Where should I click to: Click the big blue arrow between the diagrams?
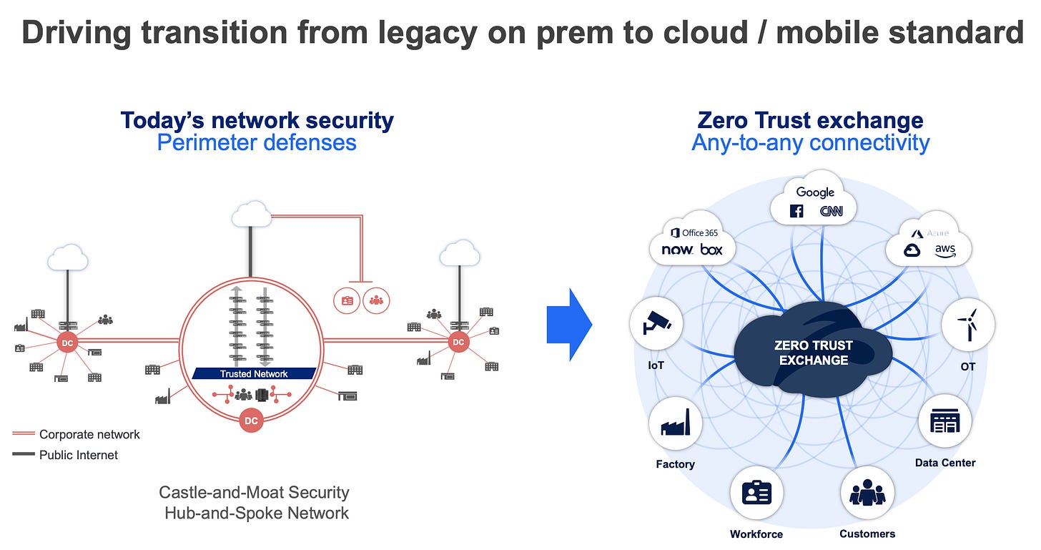pyautogui.click(x=569, y=325)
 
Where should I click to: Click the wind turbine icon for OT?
pyautogui.click(x=967, y=324)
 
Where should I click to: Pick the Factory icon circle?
pyautogui.click(x=675, y=424)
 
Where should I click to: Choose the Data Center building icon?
pyautogui.click(x=944, y=422)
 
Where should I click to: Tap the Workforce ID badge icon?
pyautogui.click(x=756, y=493)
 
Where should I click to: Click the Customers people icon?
pyautogui.click(x=867, y=493)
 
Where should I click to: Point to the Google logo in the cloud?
pyautogui.click(x=815, y=192)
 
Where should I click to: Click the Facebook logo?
pyautogui.click(x=796, y=211)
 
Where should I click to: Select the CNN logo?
pyautogui.click(x=830, y=211)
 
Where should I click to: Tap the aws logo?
pyautogui.click(x=944, y=250)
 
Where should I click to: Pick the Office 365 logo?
pyautogui.click(x=694, y=232)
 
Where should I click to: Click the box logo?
pyautogui.click(x=711, y=250)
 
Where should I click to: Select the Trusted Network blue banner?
pyautogui.click(x=254, y=373)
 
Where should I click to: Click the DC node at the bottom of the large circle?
pyautogui.click(x=251, y=421)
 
